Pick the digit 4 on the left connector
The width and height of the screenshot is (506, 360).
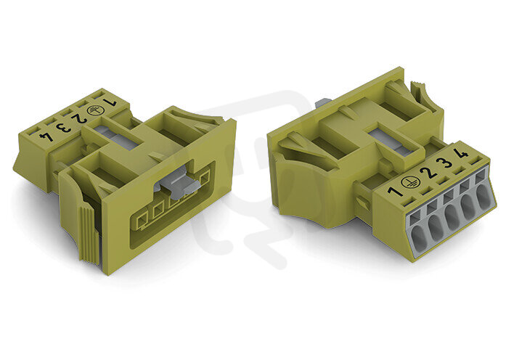point(46,136)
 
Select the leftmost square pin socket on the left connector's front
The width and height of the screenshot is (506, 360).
point(142,222)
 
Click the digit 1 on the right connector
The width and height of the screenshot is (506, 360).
point(396,192)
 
